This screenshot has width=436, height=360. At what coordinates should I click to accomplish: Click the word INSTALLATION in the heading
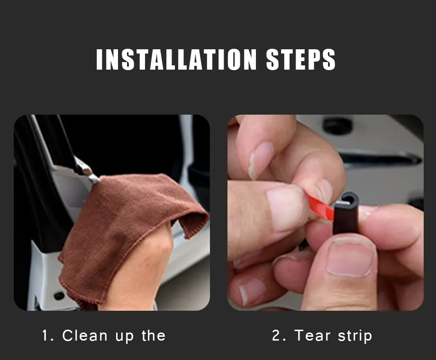click(x=176, y=59)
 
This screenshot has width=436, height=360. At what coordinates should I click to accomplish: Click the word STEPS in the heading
click(x=300, y=59)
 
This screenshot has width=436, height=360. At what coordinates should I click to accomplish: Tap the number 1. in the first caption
click(x=48, y=335)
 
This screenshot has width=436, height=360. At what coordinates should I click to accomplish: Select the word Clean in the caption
click(x=85, y=335)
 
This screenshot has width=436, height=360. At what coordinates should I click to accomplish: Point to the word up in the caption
click(x=125, y=337)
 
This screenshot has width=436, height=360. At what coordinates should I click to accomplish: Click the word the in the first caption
click(x=154, y=335)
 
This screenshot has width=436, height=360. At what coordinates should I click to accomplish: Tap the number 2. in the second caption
click(x=279, y=335)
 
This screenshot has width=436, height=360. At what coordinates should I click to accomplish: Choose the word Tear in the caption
click(x=312, y=335)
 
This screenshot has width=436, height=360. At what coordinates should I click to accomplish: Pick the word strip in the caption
click(x=355, y=336)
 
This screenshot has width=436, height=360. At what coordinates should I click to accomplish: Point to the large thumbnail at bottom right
click(x=351, y=257)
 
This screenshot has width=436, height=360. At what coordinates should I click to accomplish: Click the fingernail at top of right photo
click(x=261, y=160)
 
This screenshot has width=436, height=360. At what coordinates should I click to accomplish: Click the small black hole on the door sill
click(x=59, y=296)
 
